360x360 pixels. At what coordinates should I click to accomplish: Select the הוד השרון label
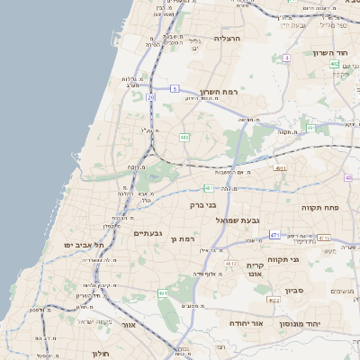[330, 53]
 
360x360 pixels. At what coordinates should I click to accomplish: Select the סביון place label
[294, 291]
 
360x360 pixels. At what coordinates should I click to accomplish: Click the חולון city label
[99, 354]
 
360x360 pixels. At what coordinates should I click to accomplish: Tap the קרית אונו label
[255, 270]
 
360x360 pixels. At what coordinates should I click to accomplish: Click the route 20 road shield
[150, 96]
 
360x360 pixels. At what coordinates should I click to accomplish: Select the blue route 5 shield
[175, 88]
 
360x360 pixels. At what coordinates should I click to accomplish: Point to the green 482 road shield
[184, 137]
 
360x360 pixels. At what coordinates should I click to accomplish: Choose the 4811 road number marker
[281, 167]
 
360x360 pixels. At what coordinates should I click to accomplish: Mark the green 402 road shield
[334, 64]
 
